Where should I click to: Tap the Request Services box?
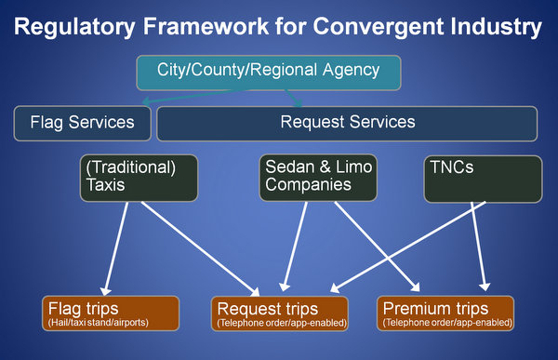pyautogui.click(x=347, y=123)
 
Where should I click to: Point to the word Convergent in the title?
pyautogui.click(x=387, y=28)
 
